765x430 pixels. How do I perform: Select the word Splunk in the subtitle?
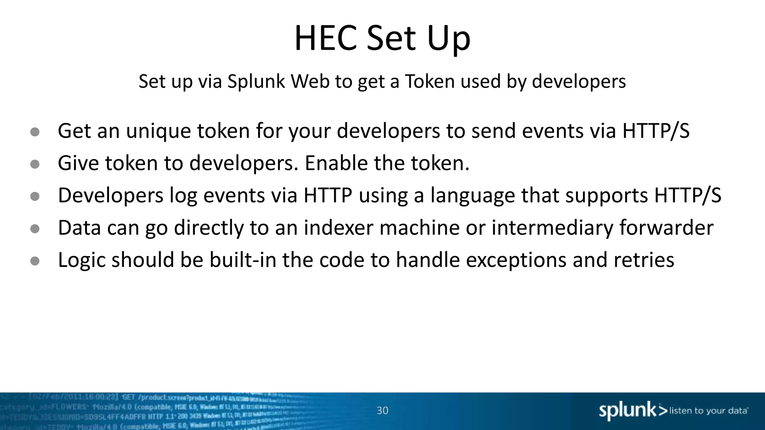(256, 81)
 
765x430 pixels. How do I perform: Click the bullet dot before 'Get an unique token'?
(35, 132)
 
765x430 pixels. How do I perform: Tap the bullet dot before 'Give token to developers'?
(35, 164)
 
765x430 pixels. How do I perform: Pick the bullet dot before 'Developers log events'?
(35, 196)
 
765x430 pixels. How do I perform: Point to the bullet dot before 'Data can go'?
(35, 229)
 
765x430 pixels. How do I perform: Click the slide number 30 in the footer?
(382, 411)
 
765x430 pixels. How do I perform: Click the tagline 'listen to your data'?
(708, 411)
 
